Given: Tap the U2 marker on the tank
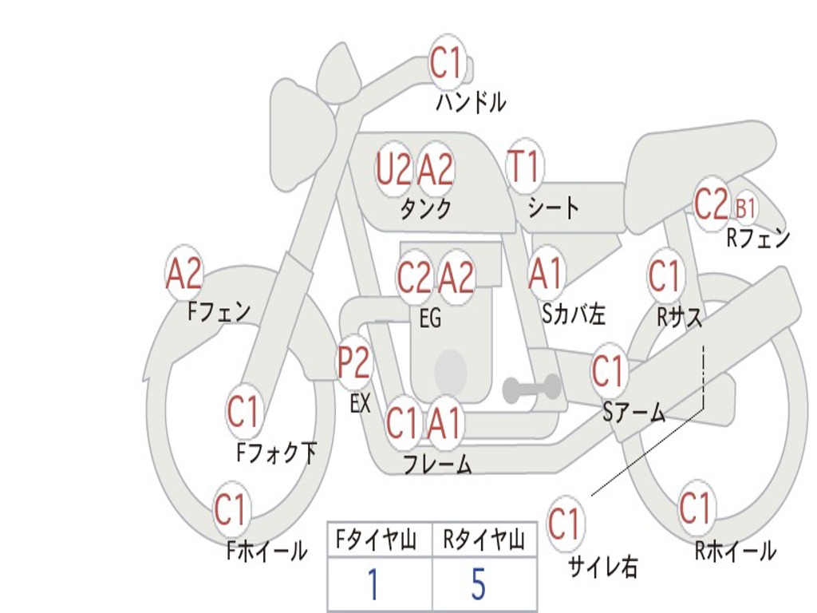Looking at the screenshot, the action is pos(394,169).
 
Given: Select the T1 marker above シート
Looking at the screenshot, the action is pos(524,168).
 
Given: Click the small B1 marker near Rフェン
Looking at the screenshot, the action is pos(745,209).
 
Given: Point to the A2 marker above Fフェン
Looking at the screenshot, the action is pos(184,274).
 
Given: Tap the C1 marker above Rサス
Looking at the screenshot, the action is pos(664,276).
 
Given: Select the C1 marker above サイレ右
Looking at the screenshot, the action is pos(565,524).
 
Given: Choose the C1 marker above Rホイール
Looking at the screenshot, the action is pos(696,508).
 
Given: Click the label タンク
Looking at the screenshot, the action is pos(425,209).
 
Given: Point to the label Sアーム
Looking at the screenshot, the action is pos(635,411).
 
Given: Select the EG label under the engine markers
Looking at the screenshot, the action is pos(430,319).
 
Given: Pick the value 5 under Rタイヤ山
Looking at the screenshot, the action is pos(479,584).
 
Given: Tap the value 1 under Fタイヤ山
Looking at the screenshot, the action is pos(373,584).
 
